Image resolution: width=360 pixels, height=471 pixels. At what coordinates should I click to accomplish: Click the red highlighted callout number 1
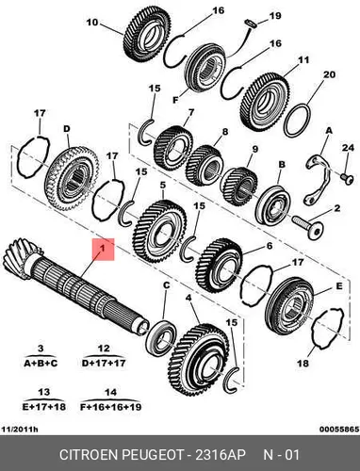click(x=103, y=249)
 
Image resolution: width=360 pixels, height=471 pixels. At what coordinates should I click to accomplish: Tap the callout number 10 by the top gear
click(x=92, y=23)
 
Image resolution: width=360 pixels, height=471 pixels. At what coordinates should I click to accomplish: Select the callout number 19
click(x=275, y=16)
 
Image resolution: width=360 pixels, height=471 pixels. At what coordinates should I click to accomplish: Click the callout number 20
click(x=329, y=74)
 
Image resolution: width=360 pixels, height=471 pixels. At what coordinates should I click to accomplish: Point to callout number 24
click(x=348, y=147)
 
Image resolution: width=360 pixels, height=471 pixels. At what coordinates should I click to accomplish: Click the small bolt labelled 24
click(x=347, y=177)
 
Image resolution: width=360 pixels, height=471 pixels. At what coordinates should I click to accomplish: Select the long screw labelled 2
click(x=308, y=226)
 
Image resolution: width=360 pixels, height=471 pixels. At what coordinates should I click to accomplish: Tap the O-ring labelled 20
click(x=298, y=121)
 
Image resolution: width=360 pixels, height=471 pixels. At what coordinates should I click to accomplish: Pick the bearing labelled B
click(x=272, y=205)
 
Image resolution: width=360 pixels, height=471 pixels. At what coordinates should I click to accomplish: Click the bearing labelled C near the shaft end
click(x=161, y=335)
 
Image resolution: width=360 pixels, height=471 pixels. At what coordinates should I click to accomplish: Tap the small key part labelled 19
click(x=251, y=23)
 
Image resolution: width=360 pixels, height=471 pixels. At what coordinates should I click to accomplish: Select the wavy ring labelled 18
click(x=328, y=328)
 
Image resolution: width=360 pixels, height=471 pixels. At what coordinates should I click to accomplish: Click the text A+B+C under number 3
click(x=41, y=364)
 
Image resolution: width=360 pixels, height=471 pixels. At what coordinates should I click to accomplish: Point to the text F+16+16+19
click(x=111, y=407)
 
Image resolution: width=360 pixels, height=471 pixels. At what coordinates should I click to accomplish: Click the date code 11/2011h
click(x=20, y=429)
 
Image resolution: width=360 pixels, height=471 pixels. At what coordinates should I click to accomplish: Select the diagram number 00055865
click(x=339, y=429)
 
